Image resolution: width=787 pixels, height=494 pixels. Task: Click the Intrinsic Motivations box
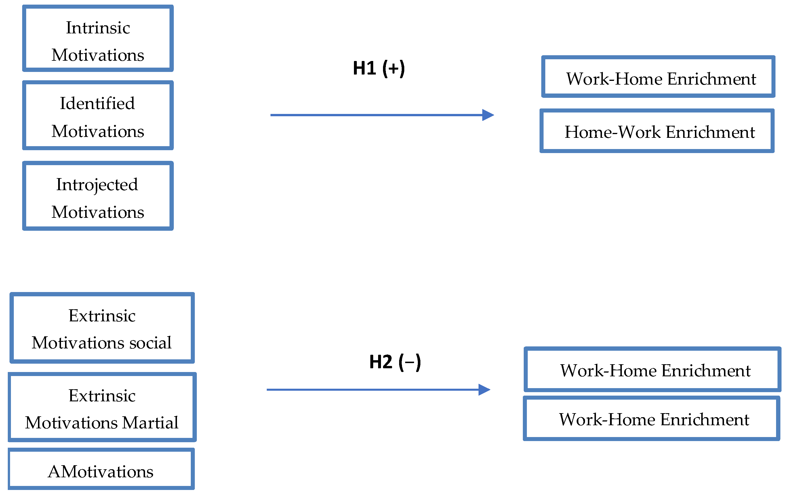[98, 39]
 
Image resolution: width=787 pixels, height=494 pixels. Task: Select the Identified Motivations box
[98, 116]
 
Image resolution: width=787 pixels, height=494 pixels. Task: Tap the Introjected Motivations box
[98, 196]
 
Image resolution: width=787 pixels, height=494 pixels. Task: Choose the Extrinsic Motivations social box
[102, 328]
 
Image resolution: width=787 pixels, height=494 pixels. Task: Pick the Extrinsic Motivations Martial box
[102, 407]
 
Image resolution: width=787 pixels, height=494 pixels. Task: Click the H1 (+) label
[379, 68]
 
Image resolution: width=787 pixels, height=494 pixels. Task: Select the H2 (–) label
[395, 362]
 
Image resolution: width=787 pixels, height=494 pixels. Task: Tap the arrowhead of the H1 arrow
[488, 115]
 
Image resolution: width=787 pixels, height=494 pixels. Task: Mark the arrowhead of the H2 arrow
[485, 390]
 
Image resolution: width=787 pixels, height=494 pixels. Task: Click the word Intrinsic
[98, 27]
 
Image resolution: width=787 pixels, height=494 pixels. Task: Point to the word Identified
[97, 104]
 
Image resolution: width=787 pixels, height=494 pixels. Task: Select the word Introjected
[97, 185]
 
